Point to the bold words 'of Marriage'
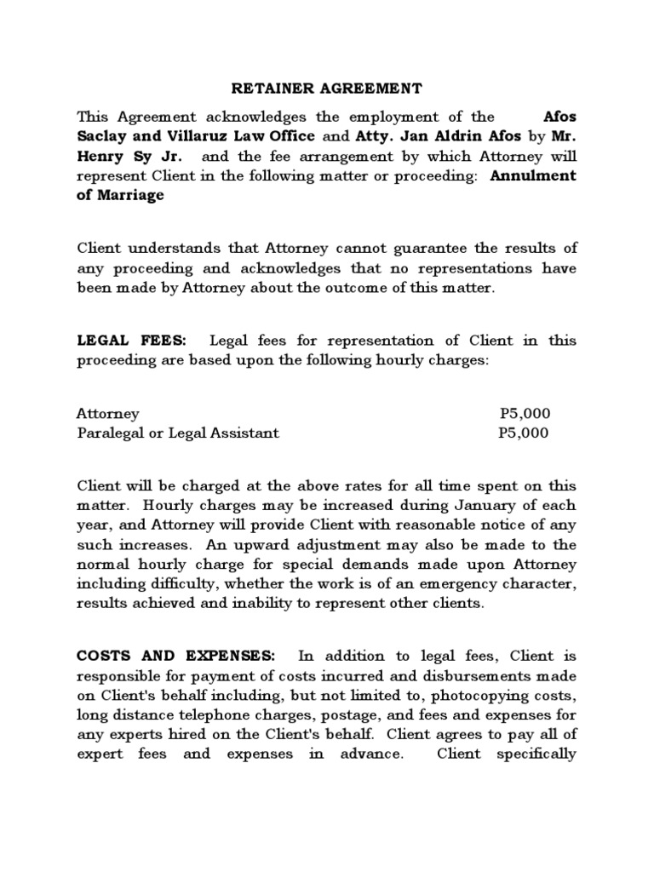[120, 195]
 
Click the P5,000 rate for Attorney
[525, 413]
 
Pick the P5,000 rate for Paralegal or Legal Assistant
[524, 433]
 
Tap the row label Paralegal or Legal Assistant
[178, 433]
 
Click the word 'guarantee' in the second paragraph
[418, 248]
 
